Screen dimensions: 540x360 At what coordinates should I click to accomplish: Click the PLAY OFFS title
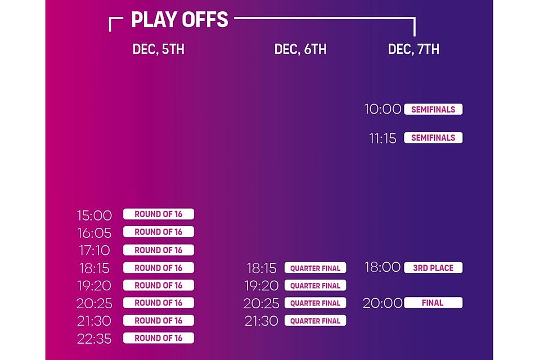(179, 20)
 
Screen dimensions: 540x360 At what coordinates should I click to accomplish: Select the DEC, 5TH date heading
(159, 49)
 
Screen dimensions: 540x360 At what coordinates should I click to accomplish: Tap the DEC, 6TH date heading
(300, 49)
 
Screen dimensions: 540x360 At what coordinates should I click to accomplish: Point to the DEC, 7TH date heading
(413, 49)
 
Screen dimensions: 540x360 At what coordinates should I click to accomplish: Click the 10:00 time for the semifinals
(382, 109)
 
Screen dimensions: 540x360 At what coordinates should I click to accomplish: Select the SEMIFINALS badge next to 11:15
(433, 138)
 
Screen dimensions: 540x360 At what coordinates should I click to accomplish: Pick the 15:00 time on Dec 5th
(94, 215)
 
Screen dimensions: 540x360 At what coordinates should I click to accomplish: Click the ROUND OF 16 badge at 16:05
(159, 232)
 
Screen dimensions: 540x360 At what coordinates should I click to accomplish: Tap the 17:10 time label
(94, 250)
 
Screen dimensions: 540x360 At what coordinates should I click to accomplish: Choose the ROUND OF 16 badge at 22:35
(159, 338)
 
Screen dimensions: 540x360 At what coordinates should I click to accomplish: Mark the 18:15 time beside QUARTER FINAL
(262, 268)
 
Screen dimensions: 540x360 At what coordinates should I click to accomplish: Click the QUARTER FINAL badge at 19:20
(315, 286)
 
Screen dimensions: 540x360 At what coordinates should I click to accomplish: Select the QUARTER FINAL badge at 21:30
(315, 321)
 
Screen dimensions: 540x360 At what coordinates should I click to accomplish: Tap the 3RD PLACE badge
(433, 268)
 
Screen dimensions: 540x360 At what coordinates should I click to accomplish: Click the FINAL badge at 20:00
(433, 303)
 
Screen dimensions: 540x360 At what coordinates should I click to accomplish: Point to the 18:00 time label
(382, 267)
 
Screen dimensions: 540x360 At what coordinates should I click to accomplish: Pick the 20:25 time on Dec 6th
(261, 304)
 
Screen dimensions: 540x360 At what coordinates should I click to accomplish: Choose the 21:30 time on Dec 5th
(94, 321)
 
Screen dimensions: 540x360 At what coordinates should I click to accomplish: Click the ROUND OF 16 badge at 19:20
(159, 285)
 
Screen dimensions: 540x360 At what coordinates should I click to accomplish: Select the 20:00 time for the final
(382, 303)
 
